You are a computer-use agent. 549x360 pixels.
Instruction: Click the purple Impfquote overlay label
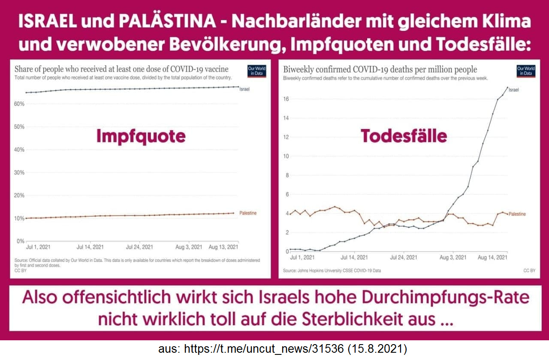pos(141,136)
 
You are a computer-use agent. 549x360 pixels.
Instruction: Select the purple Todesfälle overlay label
pos(404,136)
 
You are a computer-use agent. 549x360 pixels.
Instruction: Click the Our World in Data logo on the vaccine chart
pos(256,71)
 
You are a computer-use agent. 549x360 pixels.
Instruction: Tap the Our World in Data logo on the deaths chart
pos(526,71)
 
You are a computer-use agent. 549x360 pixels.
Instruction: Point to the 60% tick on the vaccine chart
pos(19,104)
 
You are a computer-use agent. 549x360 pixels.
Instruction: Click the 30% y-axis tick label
pos(19,173)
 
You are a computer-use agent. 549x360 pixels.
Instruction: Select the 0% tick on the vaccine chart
pos(21,241)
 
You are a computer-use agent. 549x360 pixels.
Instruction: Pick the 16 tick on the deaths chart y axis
pos(286,99)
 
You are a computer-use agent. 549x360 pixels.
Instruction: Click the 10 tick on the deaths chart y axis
pos(286,156)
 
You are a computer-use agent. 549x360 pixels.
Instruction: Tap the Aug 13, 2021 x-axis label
pos(223,247)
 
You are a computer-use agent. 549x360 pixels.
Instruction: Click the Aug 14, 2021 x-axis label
pos(493,258)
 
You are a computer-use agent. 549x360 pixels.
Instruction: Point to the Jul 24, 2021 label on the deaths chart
pos(403,258)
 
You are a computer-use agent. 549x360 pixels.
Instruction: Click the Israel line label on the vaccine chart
pos(244,89)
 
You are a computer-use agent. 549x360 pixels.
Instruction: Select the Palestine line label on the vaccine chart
pos(248,213)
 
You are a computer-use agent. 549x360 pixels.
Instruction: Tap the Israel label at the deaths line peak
pos(514,90)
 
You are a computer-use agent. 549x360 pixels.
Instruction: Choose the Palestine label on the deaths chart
pos(517,214)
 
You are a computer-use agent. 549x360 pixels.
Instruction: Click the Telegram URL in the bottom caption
pos(264,349)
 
